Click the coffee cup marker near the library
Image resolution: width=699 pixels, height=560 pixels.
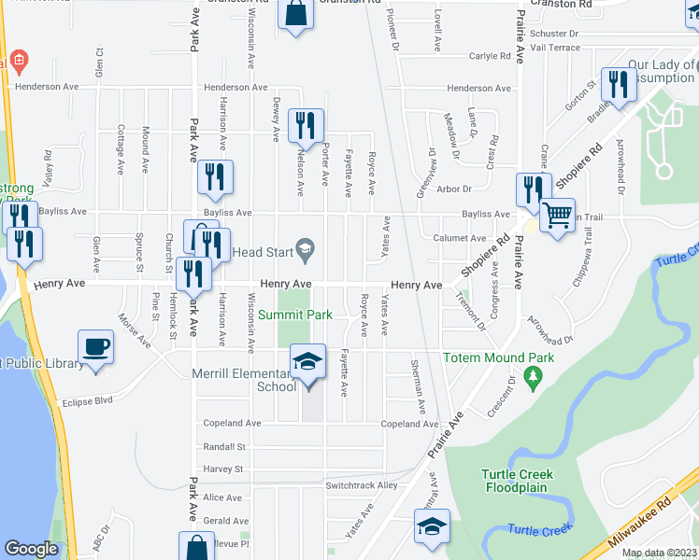95,347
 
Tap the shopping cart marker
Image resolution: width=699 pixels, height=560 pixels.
558,216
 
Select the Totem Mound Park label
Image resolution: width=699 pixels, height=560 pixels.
499,357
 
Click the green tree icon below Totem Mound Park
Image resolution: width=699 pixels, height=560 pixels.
534,377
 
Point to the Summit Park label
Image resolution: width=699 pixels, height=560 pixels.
295,315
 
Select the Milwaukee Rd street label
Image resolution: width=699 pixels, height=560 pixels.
639,524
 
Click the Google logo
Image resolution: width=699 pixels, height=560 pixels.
31,549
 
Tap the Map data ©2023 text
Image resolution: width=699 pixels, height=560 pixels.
659,553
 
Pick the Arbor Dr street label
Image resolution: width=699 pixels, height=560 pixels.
455,189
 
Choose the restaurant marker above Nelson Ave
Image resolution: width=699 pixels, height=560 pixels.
306,125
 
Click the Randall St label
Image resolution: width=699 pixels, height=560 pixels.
224,446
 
